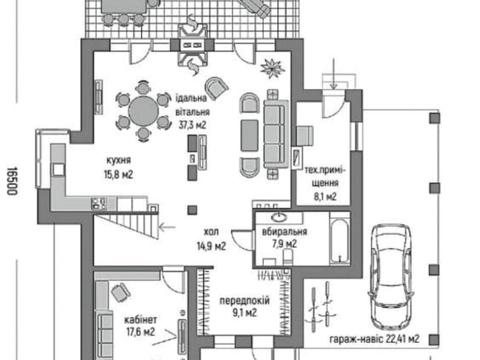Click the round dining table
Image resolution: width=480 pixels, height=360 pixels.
143,110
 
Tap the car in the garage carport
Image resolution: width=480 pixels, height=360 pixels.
391,277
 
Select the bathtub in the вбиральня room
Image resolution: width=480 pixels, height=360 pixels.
340,238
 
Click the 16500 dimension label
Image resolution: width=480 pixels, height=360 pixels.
12,181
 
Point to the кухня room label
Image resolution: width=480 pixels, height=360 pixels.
119,160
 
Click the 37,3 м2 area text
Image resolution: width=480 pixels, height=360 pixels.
192,125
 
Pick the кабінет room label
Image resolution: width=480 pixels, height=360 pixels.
140,320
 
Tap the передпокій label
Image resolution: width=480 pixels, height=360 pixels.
244,301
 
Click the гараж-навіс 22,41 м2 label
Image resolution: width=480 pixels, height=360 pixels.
374,339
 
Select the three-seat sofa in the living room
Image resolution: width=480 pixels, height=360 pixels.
275,133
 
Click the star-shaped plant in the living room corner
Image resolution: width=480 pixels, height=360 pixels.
273,68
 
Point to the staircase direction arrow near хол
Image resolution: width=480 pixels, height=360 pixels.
167,228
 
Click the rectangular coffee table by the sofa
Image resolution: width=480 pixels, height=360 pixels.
250,136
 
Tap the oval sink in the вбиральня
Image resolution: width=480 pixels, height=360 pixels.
279,218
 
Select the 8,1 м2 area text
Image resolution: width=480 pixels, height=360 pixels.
325,197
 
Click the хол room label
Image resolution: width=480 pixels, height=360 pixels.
211,231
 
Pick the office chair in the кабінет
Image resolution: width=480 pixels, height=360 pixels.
121,291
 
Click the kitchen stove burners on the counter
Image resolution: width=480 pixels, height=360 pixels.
99,203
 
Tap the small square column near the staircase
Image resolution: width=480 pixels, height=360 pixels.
192,210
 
